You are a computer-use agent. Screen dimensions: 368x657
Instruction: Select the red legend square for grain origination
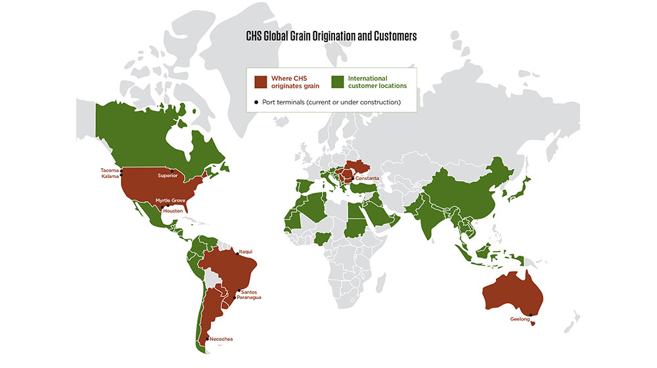(261, 81)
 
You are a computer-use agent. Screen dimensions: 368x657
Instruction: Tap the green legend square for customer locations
(338, 81)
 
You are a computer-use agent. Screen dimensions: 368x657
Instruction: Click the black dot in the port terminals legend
(256, 102)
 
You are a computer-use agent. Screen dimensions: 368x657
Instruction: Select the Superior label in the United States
(169, 175)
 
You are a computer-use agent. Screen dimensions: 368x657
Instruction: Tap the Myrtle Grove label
(170, 200)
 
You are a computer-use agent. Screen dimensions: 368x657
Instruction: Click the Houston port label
(172, 210)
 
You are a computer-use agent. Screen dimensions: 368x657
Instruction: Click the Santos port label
(250, 292)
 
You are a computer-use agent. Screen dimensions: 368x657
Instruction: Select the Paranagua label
(249, 298)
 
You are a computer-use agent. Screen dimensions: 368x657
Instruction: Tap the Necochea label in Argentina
(221, 339)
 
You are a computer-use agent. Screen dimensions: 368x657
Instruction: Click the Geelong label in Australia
(520, 319)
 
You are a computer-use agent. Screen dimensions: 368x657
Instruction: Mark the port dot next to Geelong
(530, 313)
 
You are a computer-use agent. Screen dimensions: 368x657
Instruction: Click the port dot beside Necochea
(207, 338)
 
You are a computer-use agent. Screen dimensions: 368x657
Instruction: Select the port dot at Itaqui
(237, 252)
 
